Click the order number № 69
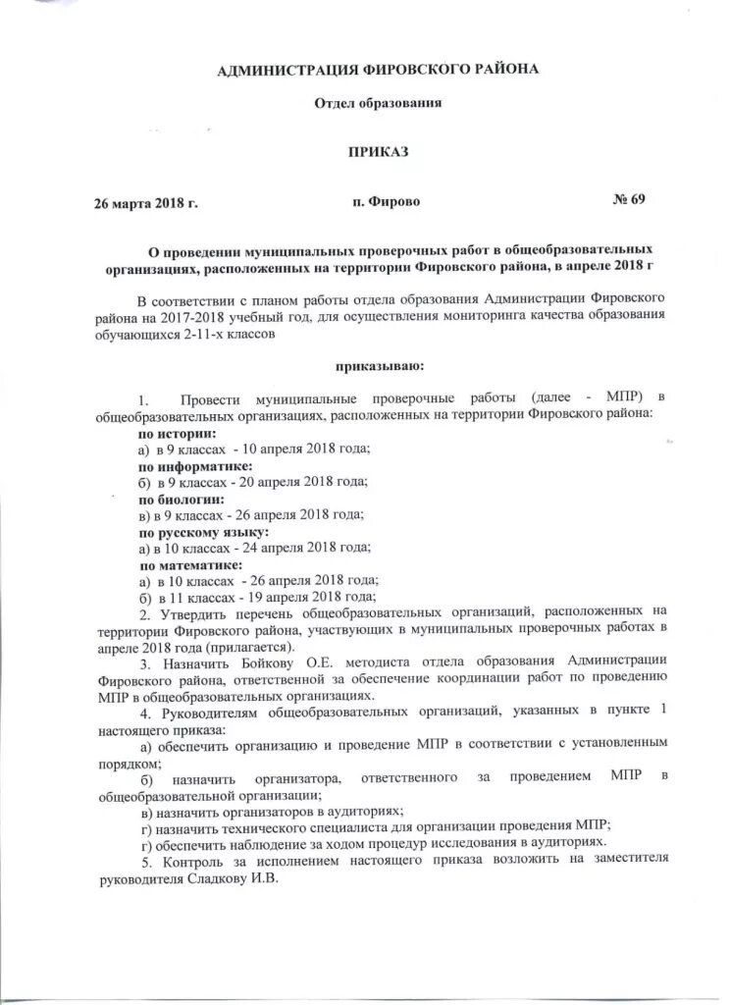click(629, 200)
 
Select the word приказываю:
click(380, 366)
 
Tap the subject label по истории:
click(177, 433)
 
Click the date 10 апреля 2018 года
click(305, 450)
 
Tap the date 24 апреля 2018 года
click(307, 549)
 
